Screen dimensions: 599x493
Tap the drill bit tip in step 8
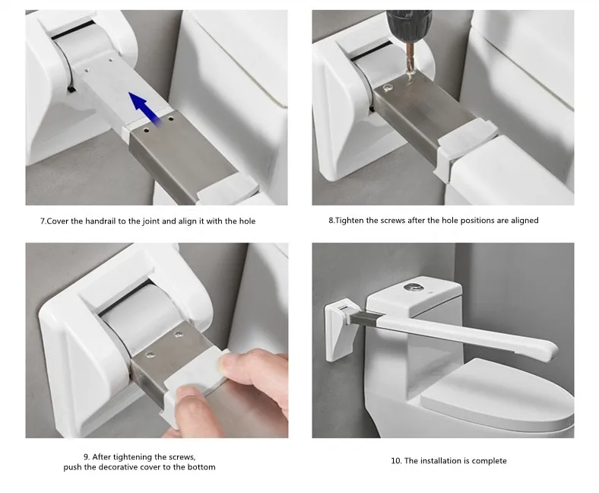(x=410, y=78)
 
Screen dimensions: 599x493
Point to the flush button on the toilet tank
(x=413, y=287)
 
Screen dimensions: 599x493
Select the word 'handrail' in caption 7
(x=100, y=221)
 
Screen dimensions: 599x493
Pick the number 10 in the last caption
(x=395, y=461)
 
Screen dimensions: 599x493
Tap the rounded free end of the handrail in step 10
(x=550, y=350)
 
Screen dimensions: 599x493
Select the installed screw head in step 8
(x=388, y=88)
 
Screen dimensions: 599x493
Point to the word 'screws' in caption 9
(x=182, y=457)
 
